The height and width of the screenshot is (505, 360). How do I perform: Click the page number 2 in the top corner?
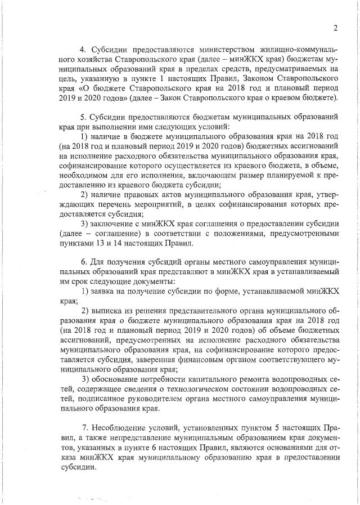(335, 28)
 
